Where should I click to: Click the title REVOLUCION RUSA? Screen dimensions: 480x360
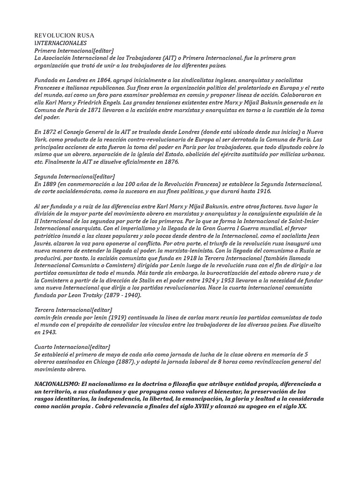[64, 35]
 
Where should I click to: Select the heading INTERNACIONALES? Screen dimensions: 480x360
[60, 43]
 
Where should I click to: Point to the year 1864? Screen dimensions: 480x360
[103, 81]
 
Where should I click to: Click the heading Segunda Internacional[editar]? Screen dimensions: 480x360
[74, 176]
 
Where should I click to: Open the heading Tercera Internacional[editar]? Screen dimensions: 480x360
[74, 310]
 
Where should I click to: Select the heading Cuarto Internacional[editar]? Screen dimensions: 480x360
[72, 346]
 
